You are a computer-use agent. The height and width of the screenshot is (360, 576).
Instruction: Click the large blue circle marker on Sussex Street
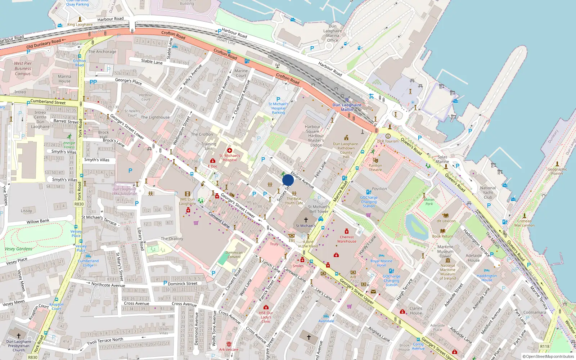(288, 180)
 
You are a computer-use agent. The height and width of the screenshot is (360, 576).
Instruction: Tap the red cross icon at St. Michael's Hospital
(230, 150)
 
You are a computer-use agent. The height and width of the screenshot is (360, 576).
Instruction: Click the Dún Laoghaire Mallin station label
(347, 107)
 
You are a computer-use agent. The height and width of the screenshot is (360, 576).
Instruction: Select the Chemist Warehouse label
(347, 239)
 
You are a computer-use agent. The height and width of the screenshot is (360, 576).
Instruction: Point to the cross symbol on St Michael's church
(306, 220)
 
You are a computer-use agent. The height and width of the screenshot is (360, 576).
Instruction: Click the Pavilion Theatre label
(375, 167)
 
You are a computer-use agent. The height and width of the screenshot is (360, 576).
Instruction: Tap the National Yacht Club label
(488, 193)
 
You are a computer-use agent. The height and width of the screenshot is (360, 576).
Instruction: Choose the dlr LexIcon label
(446, 221)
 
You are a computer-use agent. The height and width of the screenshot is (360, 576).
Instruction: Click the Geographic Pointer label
(557, 171)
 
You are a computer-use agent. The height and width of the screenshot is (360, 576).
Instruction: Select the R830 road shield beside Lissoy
(79, 204)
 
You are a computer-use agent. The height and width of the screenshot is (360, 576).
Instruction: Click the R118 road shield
(545, 346)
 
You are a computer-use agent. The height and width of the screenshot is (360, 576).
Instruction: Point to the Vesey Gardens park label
(18, 249)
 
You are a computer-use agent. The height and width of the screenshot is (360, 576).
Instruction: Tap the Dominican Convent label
(234, 255)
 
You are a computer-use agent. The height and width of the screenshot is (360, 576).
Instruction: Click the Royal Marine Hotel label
(381, 263)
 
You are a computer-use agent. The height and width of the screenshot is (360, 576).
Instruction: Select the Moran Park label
(429, 202)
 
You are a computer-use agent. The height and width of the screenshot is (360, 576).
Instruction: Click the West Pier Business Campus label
(23, 68)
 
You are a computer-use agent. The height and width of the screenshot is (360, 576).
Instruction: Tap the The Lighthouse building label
(155, 117)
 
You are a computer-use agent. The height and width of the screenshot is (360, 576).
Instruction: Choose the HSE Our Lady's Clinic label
(266, 317)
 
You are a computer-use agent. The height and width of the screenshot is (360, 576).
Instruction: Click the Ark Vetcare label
(229, 349)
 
